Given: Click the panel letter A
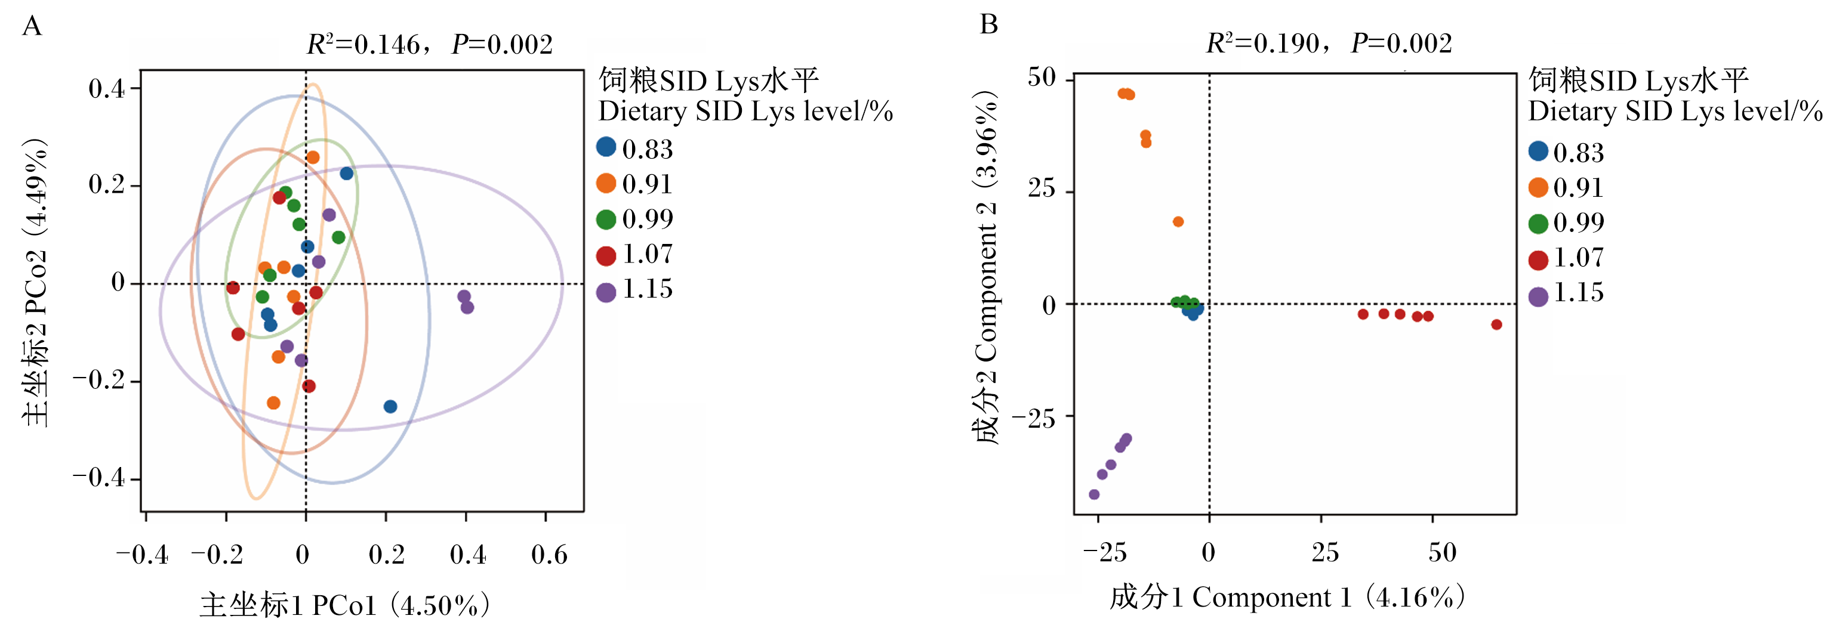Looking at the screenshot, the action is click(32, 26).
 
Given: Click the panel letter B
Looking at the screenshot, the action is click(988, 25).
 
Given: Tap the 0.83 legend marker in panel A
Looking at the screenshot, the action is click(606, 147).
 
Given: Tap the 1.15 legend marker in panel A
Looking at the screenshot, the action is click(606, 292).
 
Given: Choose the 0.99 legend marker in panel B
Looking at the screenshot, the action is click(1538, 224).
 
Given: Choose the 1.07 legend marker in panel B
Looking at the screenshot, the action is click(1538, 261).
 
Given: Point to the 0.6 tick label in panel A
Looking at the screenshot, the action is click(549, 555).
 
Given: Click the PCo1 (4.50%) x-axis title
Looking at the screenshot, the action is click(344, 605).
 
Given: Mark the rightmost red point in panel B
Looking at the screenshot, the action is click(1496, 324).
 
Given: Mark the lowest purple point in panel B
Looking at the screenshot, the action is click(1094, 494).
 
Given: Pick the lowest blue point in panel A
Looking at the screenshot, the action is click(390, 406).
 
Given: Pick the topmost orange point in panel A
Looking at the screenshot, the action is click(313, 157).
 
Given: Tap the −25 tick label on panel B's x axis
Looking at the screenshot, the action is click(1105, 553).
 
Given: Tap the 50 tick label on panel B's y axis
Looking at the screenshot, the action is click(1042, 78).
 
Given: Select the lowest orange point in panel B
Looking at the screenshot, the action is click(1178, 221).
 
